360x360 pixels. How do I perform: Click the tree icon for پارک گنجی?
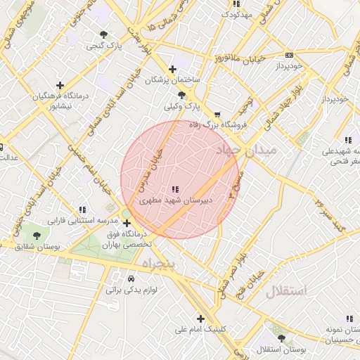tap(104, 34)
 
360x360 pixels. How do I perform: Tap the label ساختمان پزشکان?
tap(172, 81)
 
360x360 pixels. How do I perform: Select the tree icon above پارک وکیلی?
tap(181, 95)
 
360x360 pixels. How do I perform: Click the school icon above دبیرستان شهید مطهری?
tap(174, 189)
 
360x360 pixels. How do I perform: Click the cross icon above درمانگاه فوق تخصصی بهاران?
tap(127, 224)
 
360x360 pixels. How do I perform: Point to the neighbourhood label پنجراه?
tap(162, 263)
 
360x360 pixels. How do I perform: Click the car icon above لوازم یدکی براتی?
tap(131, 278)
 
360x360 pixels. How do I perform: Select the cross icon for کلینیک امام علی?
tap(200, 319)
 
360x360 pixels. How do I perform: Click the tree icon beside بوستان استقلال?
tap(281, 338)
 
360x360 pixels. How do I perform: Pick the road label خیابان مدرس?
tap(150, 170)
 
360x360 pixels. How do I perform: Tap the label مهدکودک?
tap(236, 14)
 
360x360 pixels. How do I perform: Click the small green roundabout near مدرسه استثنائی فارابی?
tap(127, 214)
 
